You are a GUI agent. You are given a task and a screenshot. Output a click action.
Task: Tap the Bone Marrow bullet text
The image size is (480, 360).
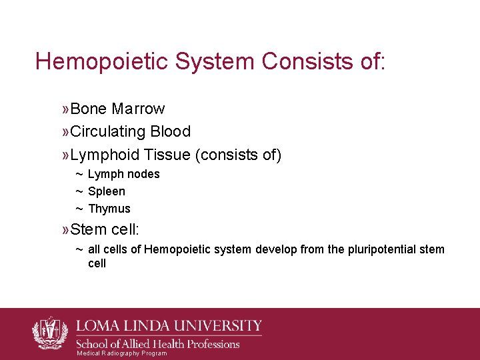pos(117,109)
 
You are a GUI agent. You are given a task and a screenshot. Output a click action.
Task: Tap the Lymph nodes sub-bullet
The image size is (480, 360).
pos(123,174)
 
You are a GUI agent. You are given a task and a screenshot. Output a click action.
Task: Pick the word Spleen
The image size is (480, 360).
pos(107,191)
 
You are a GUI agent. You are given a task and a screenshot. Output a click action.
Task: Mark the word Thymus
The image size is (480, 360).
pos(109,209)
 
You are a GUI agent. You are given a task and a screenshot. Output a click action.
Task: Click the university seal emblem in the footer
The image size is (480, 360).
pos(50,333)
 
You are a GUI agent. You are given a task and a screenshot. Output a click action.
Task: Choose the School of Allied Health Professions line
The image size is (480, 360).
pos(159,343)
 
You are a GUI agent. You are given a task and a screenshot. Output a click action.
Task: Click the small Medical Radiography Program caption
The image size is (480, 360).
pos(121,353)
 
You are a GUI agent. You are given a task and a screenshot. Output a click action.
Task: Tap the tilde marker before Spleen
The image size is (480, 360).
pos(79,191)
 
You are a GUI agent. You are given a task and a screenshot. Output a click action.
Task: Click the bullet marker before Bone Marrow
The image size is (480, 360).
pos(65,109)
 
